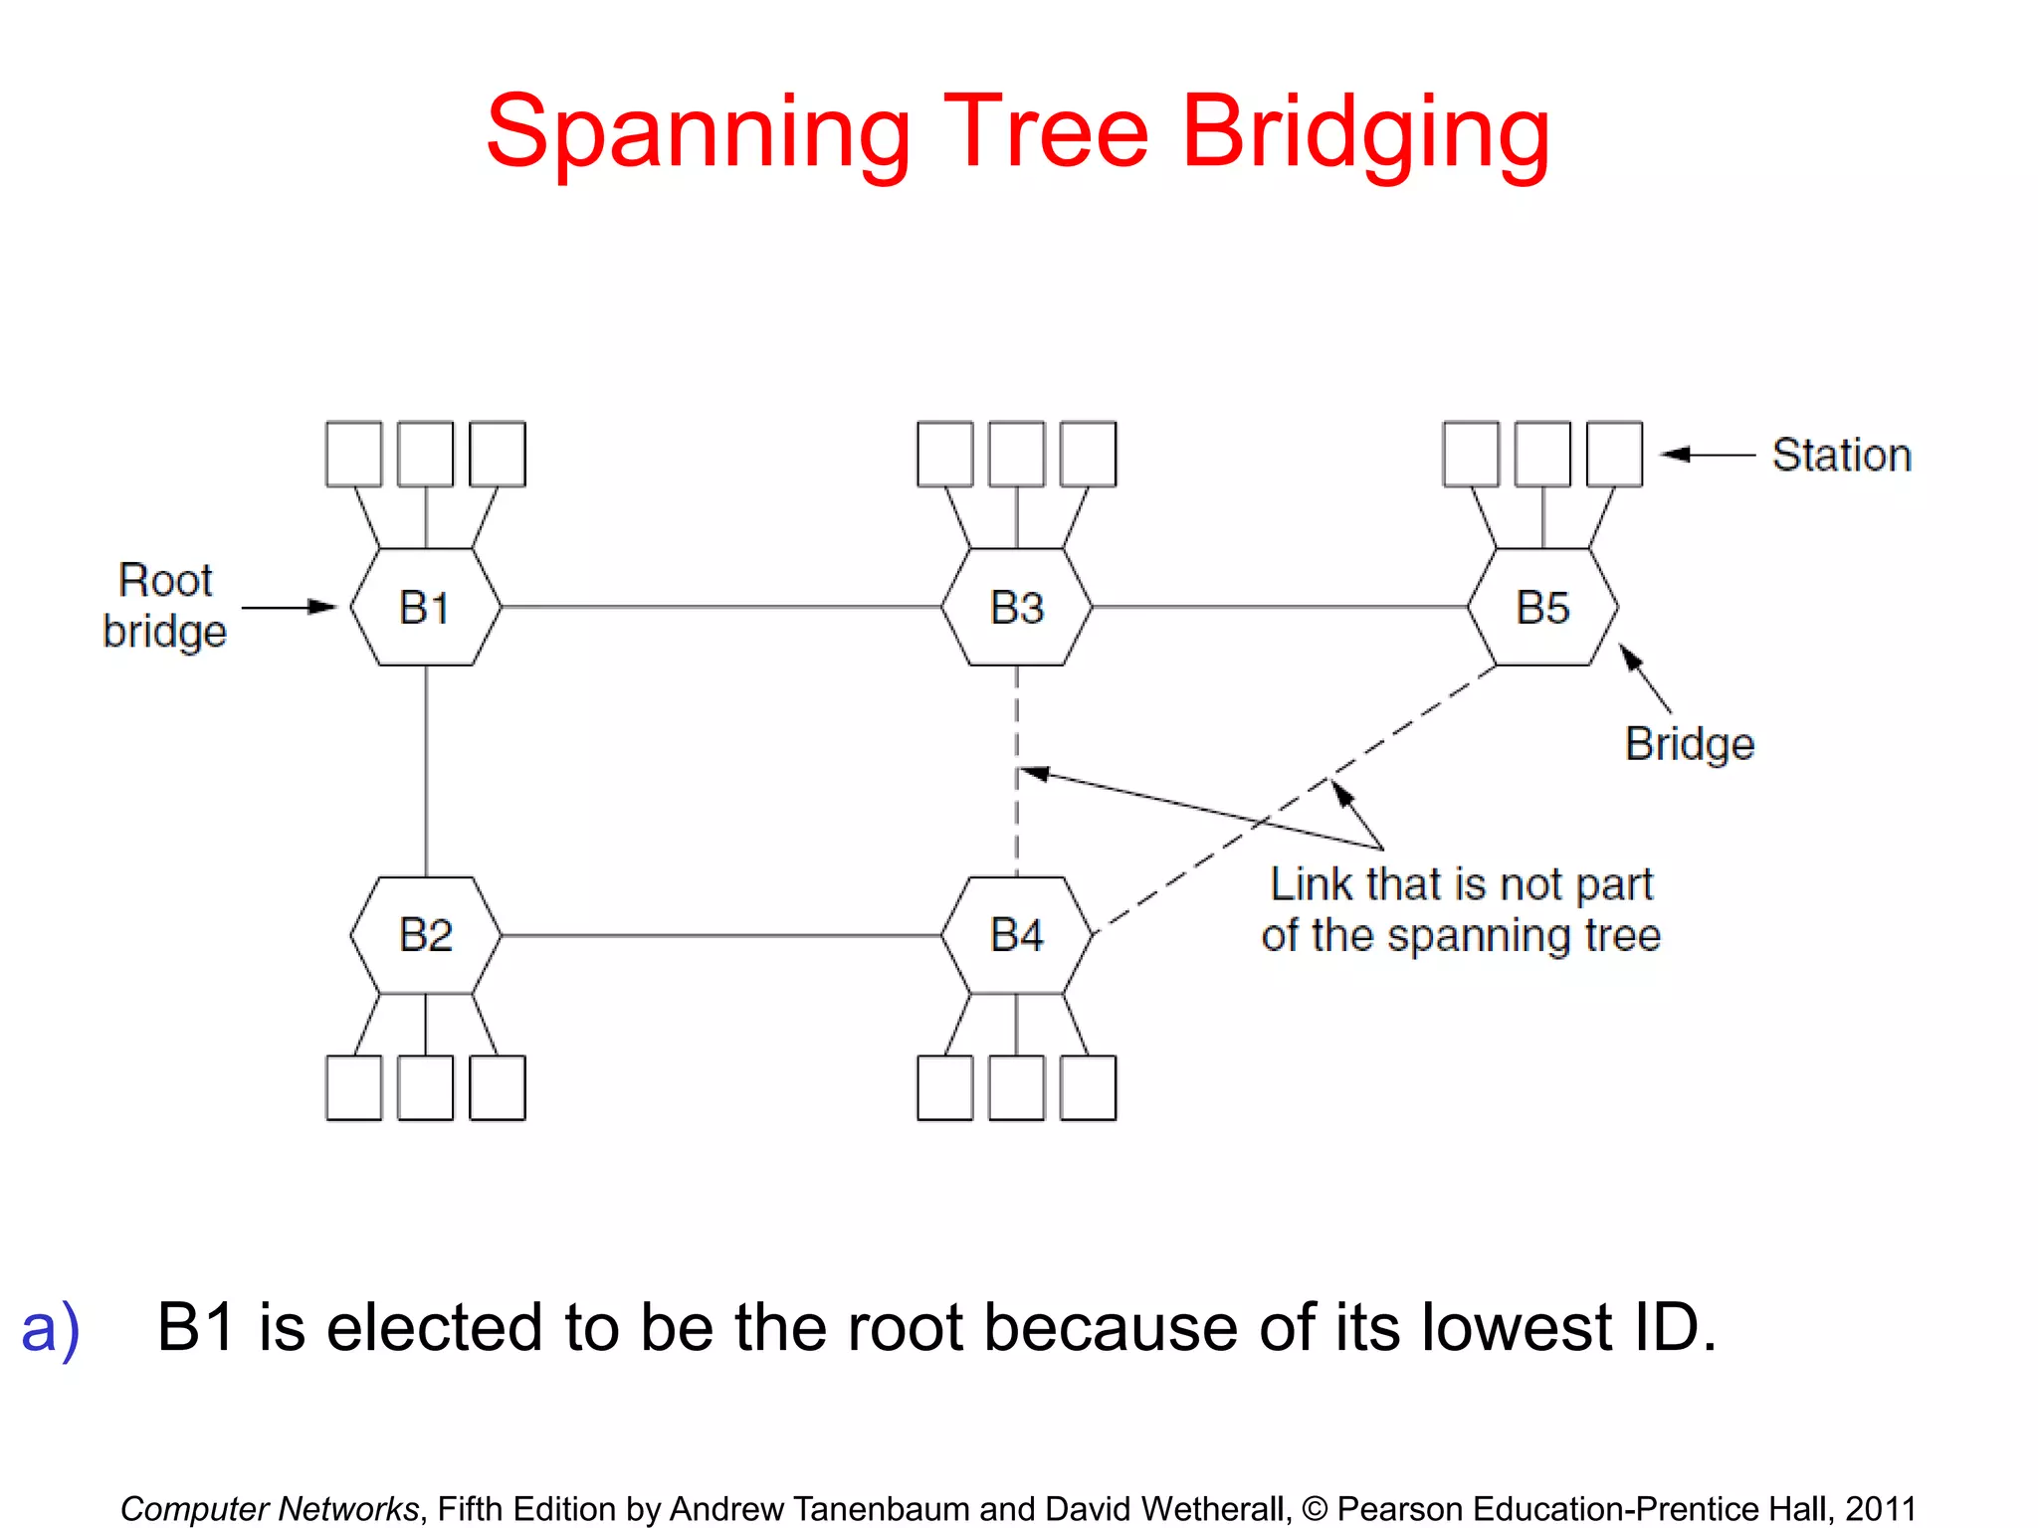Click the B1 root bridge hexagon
(x=426, y=607)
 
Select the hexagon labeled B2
(x=426, y=935)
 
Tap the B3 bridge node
(x=1016, y=607)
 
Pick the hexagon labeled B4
(x=1016, y=935)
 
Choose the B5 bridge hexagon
(x=1542, y=607)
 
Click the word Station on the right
(x=1841, y=455)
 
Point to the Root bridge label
(x=165, y=606)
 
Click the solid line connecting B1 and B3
(x=721, y=606)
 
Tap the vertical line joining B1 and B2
(x=426, y=771)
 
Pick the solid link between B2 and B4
(x=721, y=935)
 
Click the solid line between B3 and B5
(x=1280, y=606)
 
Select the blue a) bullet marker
(x=50, y=1328)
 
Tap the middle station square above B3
(x=1016, y=454)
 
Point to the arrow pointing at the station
(x=1708, y=455)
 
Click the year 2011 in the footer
(x=1880, y=1508)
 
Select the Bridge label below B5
(x=1689, y=744)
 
